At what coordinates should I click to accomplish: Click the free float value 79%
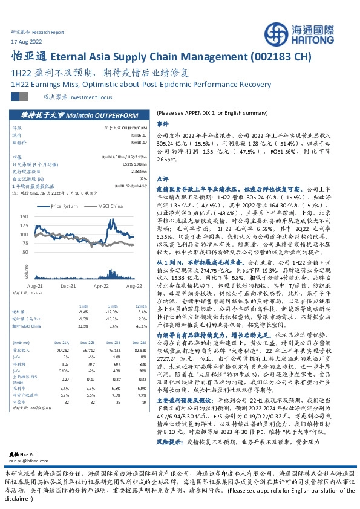point(143,178)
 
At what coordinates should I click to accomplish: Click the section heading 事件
point(162,123)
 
